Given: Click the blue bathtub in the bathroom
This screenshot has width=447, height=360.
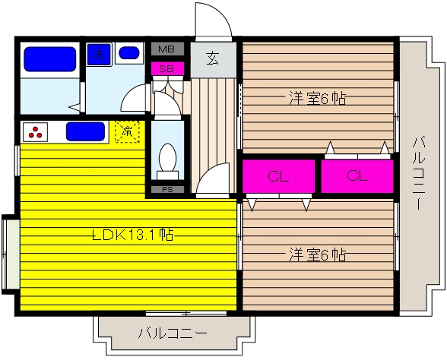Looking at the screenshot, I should pos(49,59).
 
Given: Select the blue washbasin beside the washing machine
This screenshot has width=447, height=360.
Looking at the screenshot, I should pos(128,54).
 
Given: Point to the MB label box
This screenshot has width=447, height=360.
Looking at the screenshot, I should pos(167,49).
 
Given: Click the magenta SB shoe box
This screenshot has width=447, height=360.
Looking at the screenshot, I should pos(167,68).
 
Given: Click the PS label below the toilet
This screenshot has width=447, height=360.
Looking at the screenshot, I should pos(167,188).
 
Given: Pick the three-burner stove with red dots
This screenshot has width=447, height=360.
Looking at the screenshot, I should pos(36,131).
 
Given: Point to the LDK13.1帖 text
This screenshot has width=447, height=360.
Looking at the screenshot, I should pos(132,235).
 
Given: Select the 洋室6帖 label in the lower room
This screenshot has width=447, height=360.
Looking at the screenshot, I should pos(318,254).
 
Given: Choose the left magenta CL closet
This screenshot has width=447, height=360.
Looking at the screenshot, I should pos(278,176).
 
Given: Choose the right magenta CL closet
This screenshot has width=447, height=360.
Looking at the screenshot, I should pos(357,176).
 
